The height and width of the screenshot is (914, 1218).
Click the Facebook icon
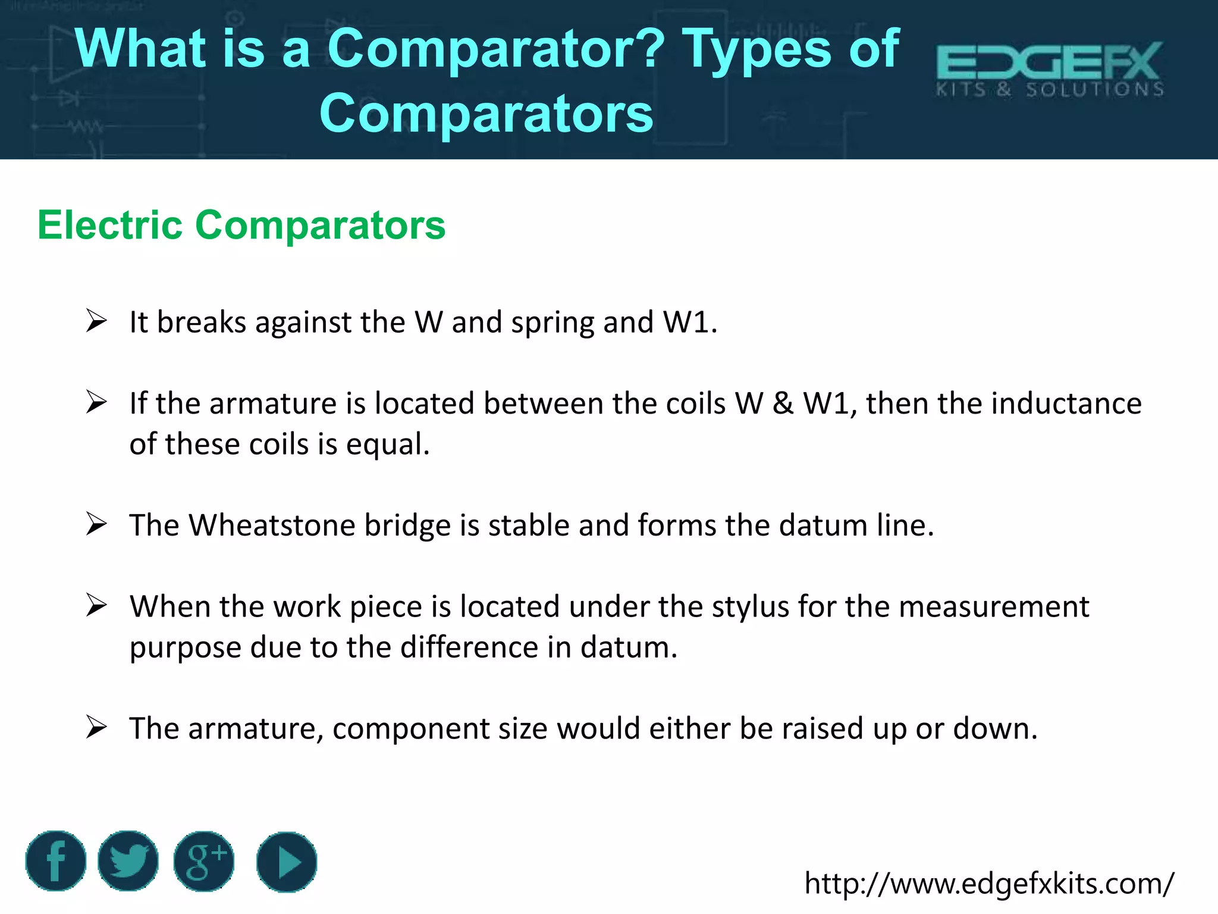pos(55,860)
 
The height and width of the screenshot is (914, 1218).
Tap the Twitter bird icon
pos(128,860)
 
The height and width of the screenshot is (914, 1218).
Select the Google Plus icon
pos(204,861)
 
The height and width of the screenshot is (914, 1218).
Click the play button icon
pos(287,862)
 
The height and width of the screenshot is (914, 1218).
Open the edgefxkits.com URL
pos(989,883)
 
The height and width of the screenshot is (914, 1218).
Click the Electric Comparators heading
pos(241,226)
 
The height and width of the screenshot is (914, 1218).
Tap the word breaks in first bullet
pos(201,323)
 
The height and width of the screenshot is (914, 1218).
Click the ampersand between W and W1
pos(783,403)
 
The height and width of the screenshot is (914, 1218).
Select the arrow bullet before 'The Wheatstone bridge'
pos(96,524)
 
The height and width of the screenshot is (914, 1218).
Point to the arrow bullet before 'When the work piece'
pos(96,605)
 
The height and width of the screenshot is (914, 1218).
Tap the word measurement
pos(994,607)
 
